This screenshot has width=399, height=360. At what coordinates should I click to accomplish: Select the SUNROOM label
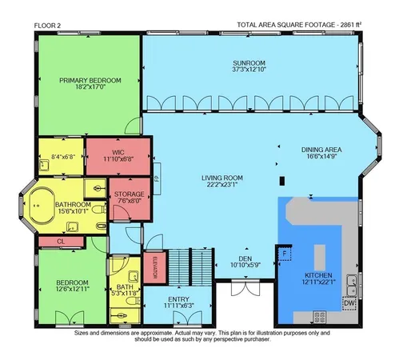pyautogui.click(x=249, y=63)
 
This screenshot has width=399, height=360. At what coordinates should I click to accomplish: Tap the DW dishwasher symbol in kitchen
pyautogui.click(x=349, y=304)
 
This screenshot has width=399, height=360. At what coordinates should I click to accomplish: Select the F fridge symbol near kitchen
pyautogui.click(x=282, y=254)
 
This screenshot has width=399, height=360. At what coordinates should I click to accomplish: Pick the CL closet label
pyautogui.click(x=61, y=240)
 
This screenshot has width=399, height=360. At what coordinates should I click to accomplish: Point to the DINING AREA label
pyautogui.click(x=321, y=150)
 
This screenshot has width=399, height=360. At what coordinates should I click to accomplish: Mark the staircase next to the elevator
pyautogui.click(x=192, y=263)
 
